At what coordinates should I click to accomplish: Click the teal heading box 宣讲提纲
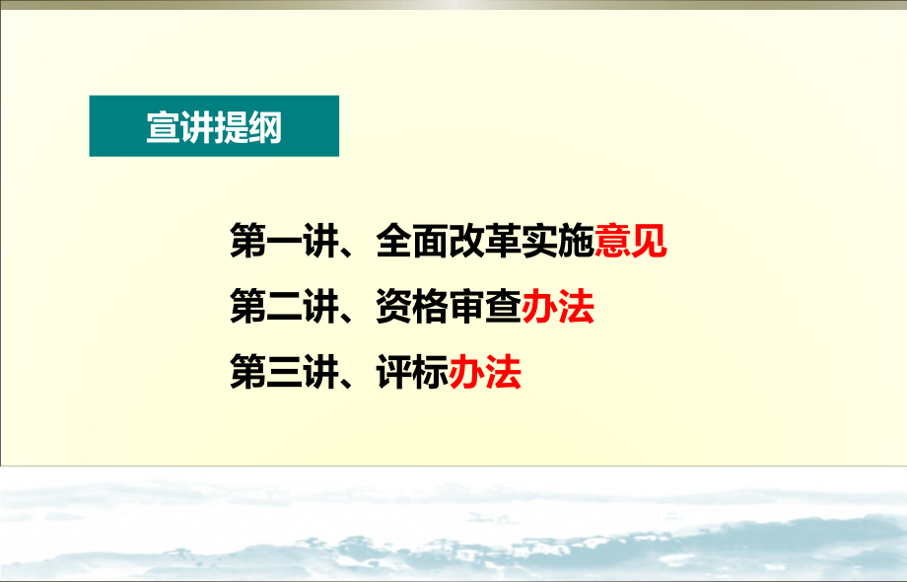[x=214, y=126]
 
